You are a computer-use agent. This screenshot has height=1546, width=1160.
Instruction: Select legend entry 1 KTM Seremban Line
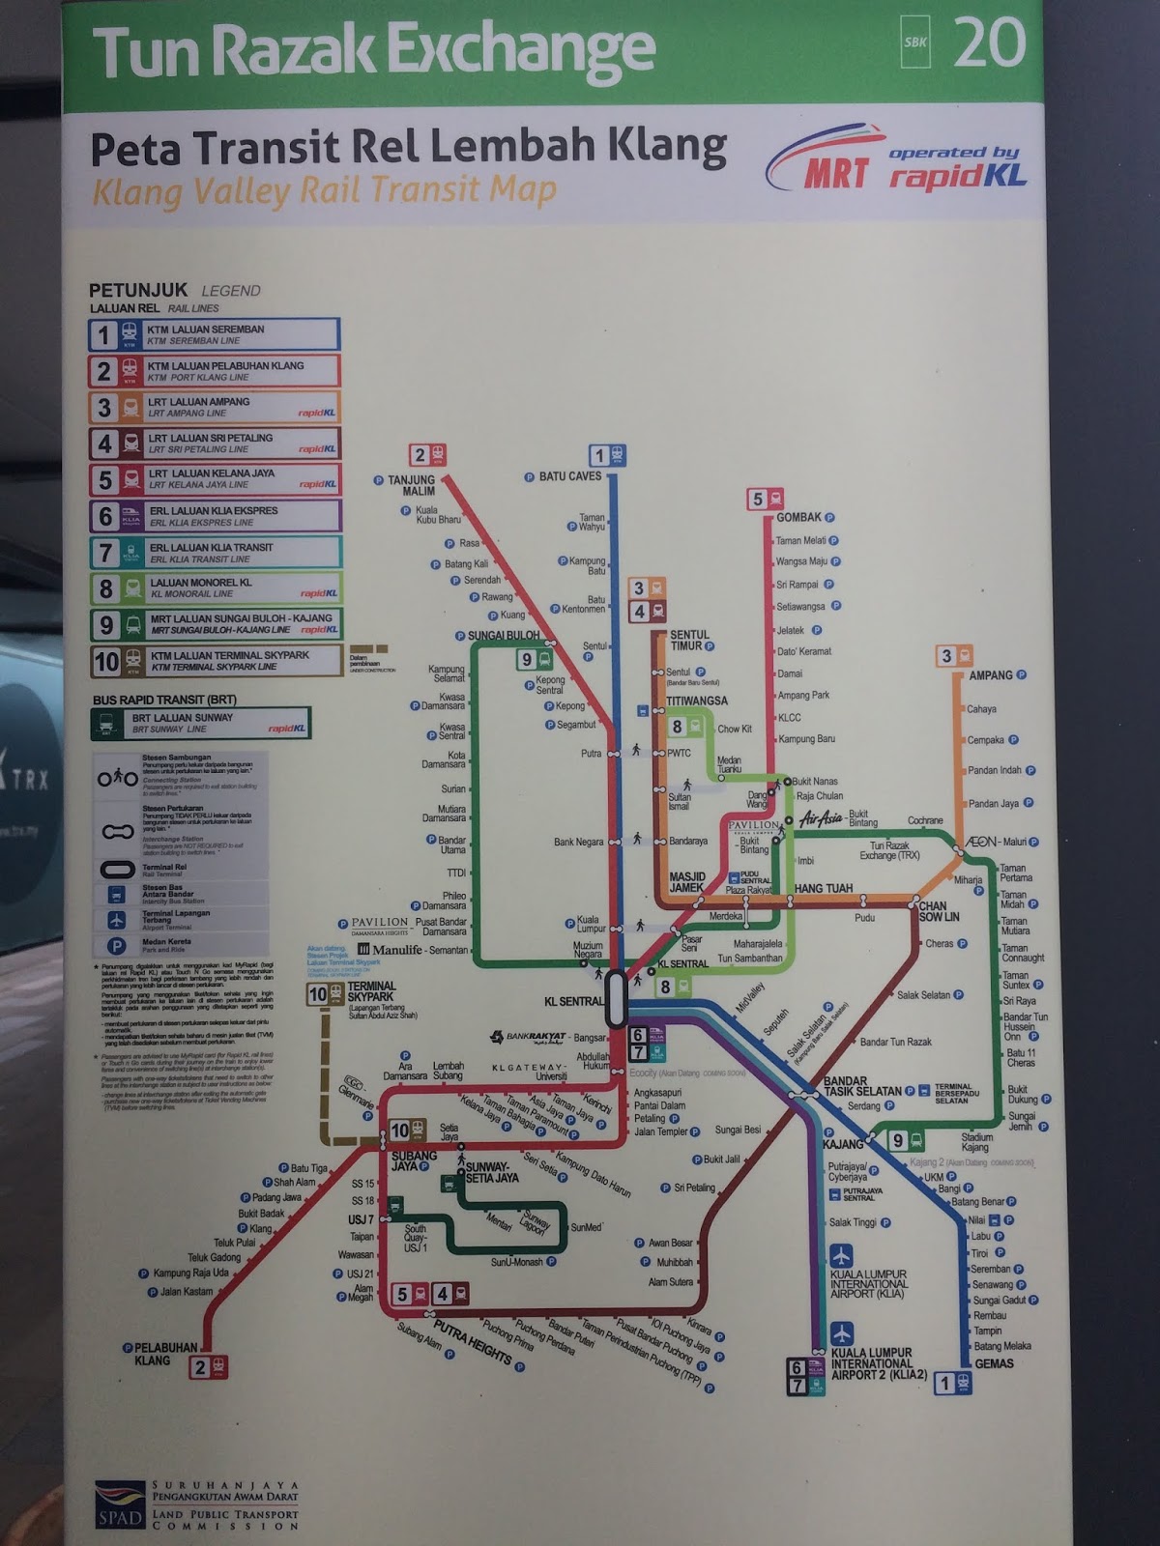click(x=214, y=334)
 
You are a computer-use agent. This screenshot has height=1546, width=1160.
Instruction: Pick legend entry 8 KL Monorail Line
click(x=214, y=587)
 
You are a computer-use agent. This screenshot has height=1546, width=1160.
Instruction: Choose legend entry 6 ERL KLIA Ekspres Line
click(x=214, y=516)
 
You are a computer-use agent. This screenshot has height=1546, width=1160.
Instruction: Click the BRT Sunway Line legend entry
click(x=201, y=724)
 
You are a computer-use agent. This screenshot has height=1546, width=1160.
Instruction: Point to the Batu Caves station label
click(x=569, y=476)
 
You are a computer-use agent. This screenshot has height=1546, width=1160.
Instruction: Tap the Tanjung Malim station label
click(x=411, y=485)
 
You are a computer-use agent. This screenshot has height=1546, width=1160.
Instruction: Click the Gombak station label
click(x=798, y=518)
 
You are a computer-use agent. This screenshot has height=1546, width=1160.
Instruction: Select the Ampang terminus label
click(x=991, y=675)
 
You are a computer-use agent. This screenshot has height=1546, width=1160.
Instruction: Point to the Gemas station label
click(x=994, y=1363)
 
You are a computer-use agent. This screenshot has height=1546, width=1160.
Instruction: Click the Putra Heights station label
click(x=472, y=1340)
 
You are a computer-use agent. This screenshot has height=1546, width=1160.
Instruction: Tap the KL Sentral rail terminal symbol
click(x=616, y=1001)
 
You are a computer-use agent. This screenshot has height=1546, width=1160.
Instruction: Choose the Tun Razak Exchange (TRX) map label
click(x=890, y=850)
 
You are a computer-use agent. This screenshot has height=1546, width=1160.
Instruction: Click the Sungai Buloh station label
click(x=504, y=636)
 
